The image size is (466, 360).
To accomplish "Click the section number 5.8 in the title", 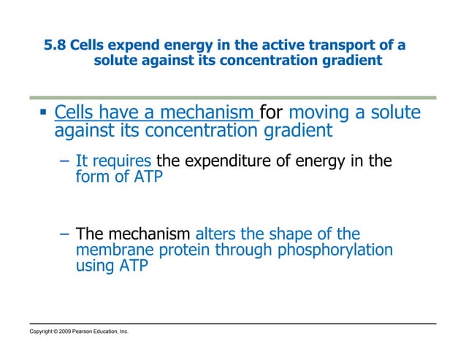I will click(x=56, y=45).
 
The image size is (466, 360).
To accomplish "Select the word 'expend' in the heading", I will click(x=133, y=45).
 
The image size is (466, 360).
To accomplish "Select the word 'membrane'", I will click(x=110, y=250).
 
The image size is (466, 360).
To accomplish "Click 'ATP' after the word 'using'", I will click(x=134, y=267).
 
